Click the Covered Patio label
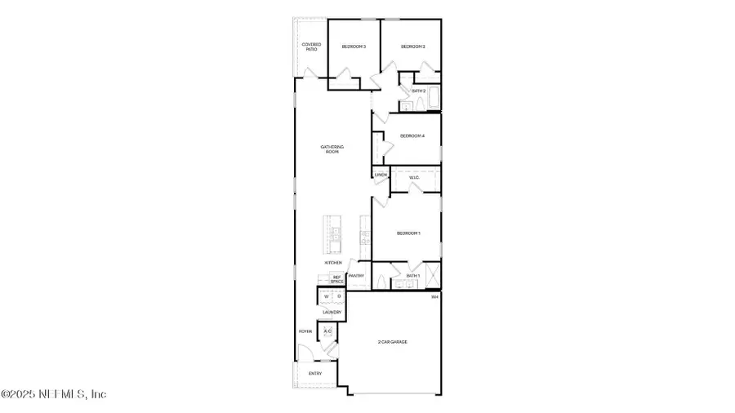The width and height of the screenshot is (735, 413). [x=311, y=47]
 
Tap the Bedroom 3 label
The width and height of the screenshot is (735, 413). [x=354, y=47]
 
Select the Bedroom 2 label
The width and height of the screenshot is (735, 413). [x=412, y=47]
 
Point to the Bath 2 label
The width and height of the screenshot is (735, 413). [x=419, y=91]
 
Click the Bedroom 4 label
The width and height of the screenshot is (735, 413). [x=412, y=135]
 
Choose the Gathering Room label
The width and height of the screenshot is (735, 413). [x=332, y=149]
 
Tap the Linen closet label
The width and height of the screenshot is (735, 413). [x=381, y=175]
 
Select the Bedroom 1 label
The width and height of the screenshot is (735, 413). [x=408, y=233]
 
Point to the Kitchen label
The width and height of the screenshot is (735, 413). [x=333, y=263]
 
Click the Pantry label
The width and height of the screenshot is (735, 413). [x=356, y=276]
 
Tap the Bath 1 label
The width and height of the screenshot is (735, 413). [x=413, y=276]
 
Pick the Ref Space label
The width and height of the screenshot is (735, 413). [x=336, y=279]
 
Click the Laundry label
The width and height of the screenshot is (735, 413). [x=332, y=312]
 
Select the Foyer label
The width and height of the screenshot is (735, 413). [x=305, y=331]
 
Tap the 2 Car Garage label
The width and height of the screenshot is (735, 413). [x=393, y=341]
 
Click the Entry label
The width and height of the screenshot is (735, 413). [x=315, y=374]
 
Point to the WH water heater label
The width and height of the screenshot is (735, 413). [x=435, y=296]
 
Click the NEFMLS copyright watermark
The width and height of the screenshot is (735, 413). [x=54, y=394]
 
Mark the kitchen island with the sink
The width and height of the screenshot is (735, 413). [x=335, y=235]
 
